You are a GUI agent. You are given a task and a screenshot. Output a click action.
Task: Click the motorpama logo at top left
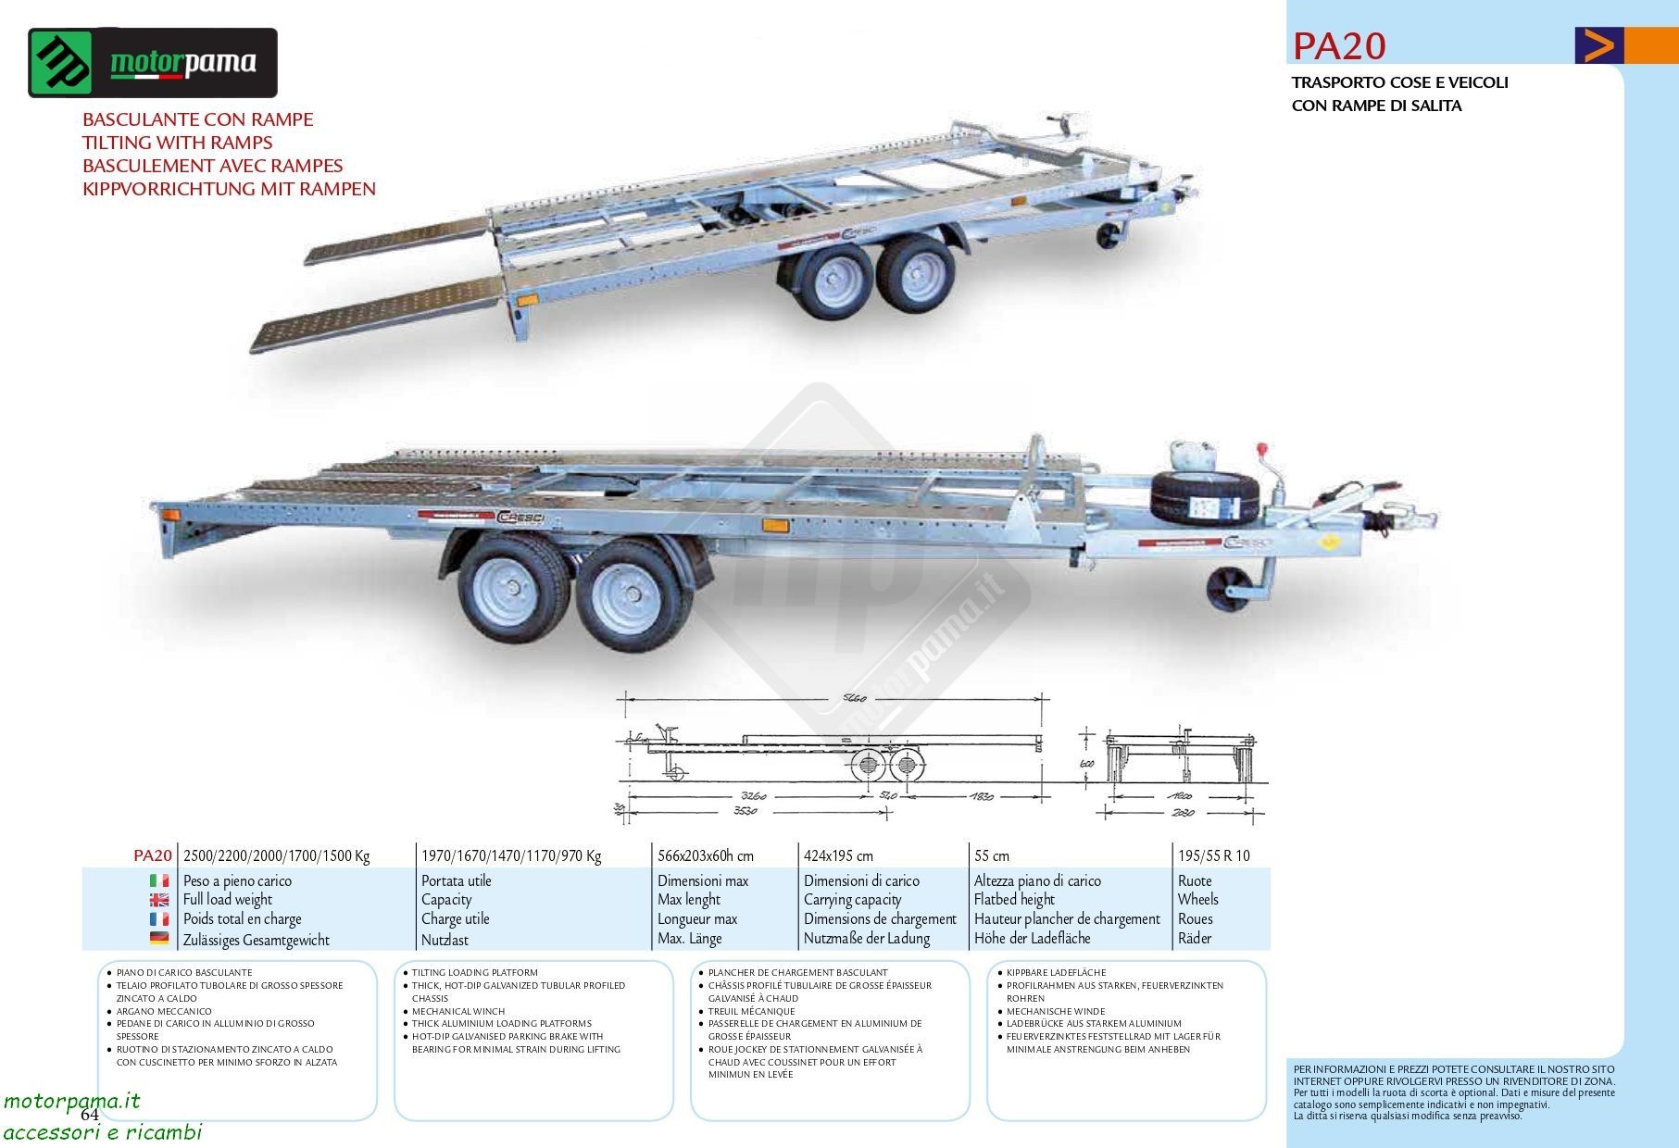tap(153, 63)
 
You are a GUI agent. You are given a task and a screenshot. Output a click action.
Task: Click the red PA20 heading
tap(1338, 45)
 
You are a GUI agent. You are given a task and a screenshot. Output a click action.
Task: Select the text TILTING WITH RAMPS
tap(177, 143)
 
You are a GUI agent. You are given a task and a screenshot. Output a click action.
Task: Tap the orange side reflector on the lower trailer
tap(774, 526)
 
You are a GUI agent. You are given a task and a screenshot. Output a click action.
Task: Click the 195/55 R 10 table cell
tap(1213, 855)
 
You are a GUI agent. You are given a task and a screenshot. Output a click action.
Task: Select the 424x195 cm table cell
tap(838, 855)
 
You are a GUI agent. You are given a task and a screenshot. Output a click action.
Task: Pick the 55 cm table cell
tap(992, 855)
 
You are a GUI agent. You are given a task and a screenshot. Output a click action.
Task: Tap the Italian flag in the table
tap(159, 880)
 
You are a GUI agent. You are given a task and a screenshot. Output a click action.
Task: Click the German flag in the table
tap(159, 939)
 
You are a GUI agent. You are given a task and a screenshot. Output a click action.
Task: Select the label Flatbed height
tap(1014, 899)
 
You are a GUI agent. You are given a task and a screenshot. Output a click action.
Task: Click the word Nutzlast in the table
tap(445, 940)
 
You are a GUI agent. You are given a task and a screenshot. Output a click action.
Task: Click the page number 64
tap(89, 1115)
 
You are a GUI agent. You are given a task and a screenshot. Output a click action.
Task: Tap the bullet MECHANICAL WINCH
tap(458, 1011)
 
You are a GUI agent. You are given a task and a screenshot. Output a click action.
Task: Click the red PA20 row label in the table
tap(153, 855)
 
